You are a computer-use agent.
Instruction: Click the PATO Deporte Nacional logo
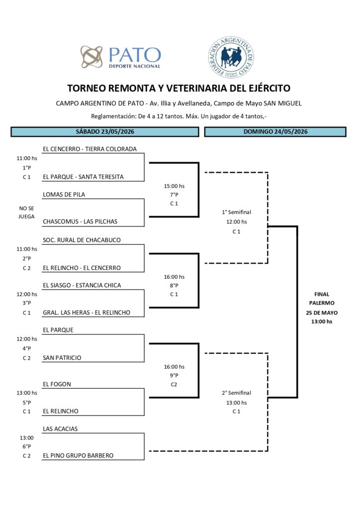point(121,57)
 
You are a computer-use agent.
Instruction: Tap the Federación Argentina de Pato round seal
point(231,57)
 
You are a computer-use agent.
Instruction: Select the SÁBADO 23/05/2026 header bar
point(105,132)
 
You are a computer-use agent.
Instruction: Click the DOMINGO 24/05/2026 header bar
point(275,132)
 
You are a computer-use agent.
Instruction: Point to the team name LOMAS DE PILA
point(64,195)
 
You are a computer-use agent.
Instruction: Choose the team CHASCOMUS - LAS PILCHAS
point(80,222)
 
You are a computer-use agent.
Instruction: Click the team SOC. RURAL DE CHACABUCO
point(82,240)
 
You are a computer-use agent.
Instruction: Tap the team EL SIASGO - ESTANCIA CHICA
point(82,285)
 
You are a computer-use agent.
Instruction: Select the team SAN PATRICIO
point(62,358)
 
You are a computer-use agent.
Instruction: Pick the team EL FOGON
point(57,384)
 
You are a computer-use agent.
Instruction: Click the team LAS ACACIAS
point(60,429)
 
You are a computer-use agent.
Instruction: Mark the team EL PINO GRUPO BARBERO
point(78,455)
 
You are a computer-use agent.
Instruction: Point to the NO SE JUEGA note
point(27,212)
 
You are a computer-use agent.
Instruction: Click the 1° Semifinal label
point(237,212)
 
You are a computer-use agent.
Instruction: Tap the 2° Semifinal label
point(237,393)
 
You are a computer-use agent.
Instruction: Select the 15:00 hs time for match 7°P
point(174,186)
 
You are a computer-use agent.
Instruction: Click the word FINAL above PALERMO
point(322,294)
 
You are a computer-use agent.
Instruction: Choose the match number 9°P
point(174,376)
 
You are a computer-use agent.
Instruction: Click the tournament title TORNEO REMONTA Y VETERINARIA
point(179,88)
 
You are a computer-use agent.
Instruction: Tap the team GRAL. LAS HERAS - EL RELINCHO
point(87,313)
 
